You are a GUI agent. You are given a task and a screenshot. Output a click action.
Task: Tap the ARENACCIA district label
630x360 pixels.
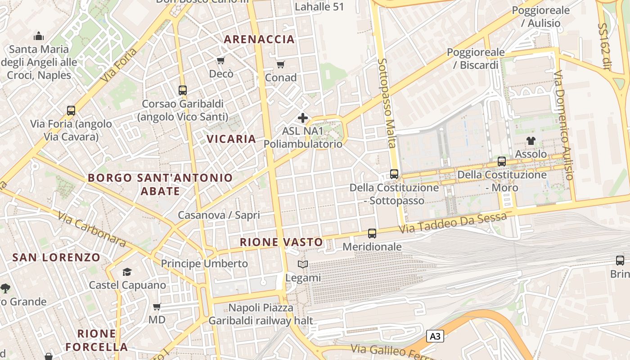click(259, 39)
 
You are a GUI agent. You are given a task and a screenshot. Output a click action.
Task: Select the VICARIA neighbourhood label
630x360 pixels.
click(231, 139)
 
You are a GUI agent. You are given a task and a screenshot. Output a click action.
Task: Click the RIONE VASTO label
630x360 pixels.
click(281, 242)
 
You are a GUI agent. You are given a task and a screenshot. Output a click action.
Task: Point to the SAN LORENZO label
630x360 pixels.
click(56, 257)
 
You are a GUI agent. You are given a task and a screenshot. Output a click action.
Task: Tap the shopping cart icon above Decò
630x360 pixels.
click(220, 60)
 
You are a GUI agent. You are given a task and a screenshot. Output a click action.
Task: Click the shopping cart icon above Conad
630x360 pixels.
click(281, 64)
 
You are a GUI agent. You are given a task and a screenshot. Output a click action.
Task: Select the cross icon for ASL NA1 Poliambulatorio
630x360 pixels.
click(303, 118)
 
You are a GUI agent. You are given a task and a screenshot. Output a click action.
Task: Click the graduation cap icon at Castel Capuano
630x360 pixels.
click(127, 272)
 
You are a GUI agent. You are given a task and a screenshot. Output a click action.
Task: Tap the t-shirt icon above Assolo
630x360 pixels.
click(531, 141)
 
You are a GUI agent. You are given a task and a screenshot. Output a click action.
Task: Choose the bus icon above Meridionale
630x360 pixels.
click(372, 233)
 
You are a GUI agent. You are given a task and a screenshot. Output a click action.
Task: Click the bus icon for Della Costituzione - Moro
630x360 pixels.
click(502, 161)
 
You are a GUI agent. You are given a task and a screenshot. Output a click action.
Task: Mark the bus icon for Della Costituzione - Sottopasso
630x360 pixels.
click(394, 174)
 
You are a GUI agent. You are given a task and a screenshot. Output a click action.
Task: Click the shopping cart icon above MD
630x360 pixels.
click(157, 307)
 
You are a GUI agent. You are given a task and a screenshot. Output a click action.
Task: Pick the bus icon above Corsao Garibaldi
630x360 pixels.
click(182, 90)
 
